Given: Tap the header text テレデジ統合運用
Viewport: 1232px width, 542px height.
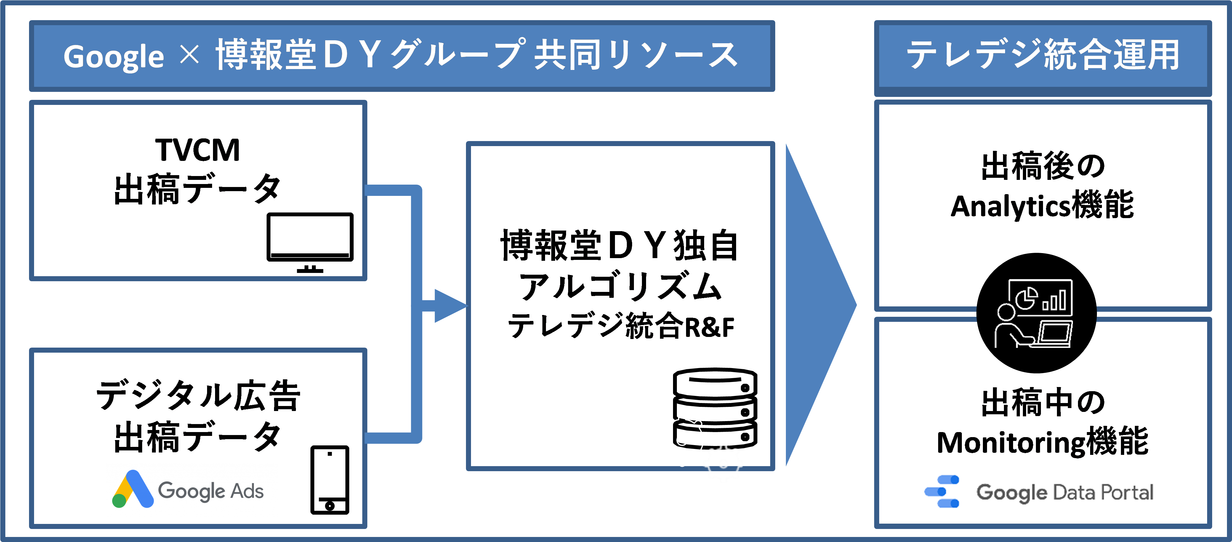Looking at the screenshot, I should coord(1043,55).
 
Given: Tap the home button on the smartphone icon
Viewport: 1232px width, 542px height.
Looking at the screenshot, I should coord(329,505).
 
